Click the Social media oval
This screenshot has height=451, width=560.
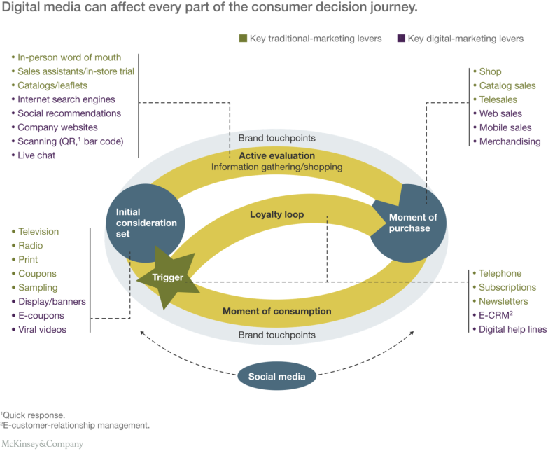tap(277, 377)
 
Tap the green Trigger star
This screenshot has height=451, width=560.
tap(169, 278)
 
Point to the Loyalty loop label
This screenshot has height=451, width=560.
tap(277, 214)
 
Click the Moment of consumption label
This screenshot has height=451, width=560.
tap(277, 311)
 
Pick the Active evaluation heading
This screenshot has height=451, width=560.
tap(277, 155)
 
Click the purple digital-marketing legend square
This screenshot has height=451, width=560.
tap(400, 39)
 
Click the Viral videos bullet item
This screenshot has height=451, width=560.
tap(43, 329)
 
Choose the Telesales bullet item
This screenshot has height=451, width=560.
tap(498, 99)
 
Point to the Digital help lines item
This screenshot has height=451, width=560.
tap(513, 329)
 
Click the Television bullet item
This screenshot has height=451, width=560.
tap(38, 231)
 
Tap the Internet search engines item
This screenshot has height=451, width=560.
tap(66, 99)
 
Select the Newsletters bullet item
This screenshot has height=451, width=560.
tap(503, 301)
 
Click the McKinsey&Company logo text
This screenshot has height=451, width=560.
tap(42, 443)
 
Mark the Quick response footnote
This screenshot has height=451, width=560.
tap(34, 414)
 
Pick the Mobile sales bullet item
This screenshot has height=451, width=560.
tap(505, 127)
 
